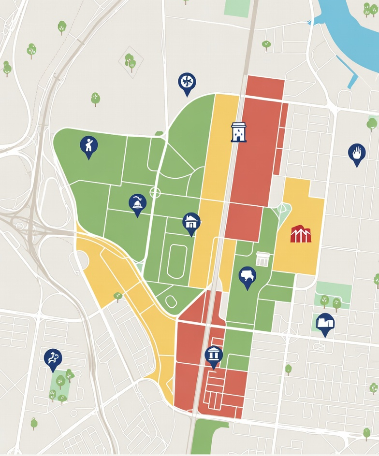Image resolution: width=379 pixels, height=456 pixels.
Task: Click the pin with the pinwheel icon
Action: coord(187,83)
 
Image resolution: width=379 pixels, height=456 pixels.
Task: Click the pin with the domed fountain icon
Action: coord(138,204)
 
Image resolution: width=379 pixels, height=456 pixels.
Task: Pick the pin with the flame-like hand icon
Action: coord(357,153)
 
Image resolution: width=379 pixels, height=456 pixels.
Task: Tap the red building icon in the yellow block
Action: coord(301,233)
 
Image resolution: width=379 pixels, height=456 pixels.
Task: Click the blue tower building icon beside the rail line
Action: coord(238,132)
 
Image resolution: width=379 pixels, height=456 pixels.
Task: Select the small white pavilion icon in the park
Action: coord(262,259)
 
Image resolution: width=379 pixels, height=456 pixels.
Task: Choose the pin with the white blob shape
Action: coord(248,277)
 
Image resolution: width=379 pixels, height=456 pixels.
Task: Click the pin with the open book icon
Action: coord(325,323)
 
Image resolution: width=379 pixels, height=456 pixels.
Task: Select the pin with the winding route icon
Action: coord(53,359)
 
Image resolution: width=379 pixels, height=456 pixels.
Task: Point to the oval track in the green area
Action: coord(177,261)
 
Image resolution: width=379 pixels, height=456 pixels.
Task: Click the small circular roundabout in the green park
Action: coord(155,193)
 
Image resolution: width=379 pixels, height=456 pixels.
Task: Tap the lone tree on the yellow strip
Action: coord(117,296)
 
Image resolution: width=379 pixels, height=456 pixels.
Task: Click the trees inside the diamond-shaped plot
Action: coord(130,62)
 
